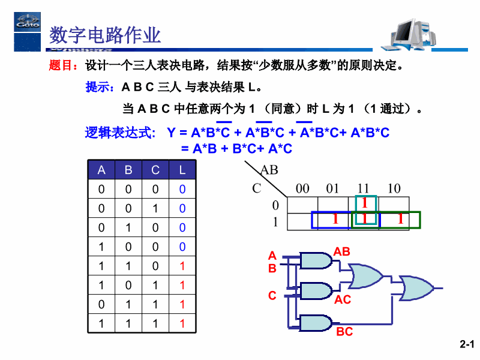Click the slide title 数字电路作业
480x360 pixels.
coord(105,35)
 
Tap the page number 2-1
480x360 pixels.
coord(467,344)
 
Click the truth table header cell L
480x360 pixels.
coord(182,170)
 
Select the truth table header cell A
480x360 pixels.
coord(101,170)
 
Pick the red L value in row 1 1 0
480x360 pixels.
coord(182,266)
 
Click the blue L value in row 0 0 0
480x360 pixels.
coord(182,189)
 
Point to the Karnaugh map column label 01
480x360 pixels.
coord(332,188)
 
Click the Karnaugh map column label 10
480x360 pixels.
coord(394,188)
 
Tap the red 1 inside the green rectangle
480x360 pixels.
coord(400,220)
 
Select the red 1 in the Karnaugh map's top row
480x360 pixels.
coord(364,203)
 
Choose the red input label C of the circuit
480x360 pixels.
coord(272,296)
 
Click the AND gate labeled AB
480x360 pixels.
coord(316,260)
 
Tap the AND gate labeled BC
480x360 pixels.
coord(316,323)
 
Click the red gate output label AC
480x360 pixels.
coord(343,299)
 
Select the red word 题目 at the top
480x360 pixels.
coord(60,65)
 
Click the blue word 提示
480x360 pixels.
coord(100,88)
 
